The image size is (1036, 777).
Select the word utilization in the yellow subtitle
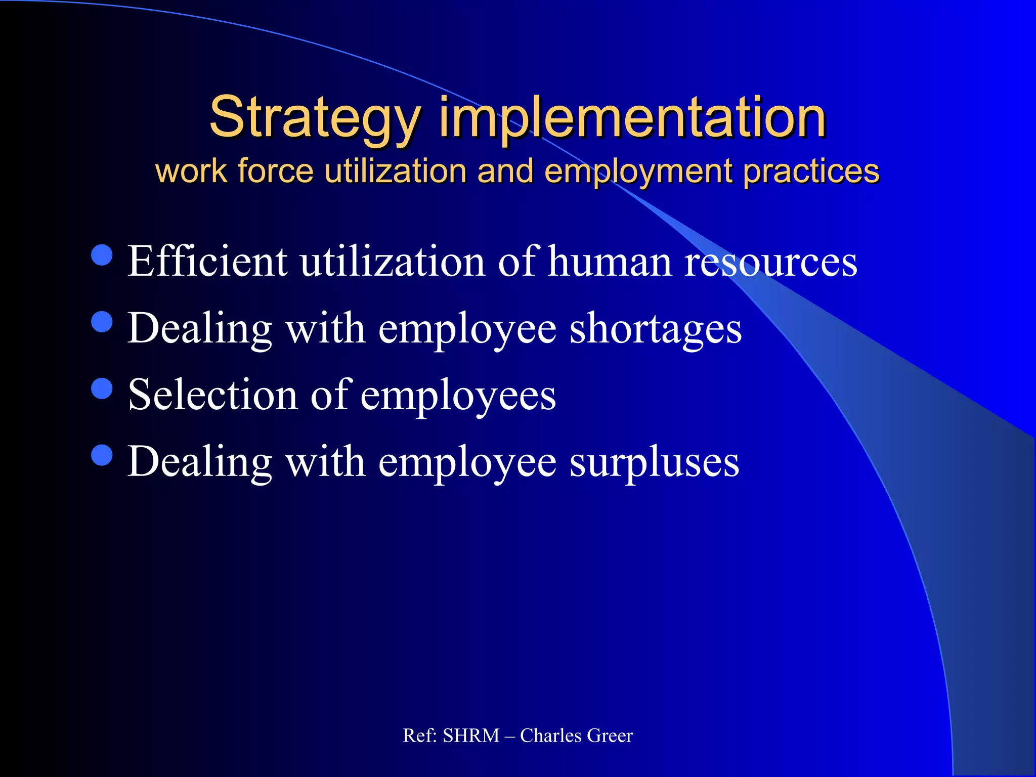click(395, 171)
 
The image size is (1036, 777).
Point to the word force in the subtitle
click(276, 171)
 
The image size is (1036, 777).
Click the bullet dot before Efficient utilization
click(102, 255)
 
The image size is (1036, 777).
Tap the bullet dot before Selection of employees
click(102, 388)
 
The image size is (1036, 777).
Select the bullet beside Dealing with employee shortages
click(102, 322)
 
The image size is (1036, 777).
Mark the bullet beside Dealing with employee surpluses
click(102, 454)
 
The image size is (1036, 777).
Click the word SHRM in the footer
click(471, 736)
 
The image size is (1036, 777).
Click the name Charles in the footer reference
click(550, 736)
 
